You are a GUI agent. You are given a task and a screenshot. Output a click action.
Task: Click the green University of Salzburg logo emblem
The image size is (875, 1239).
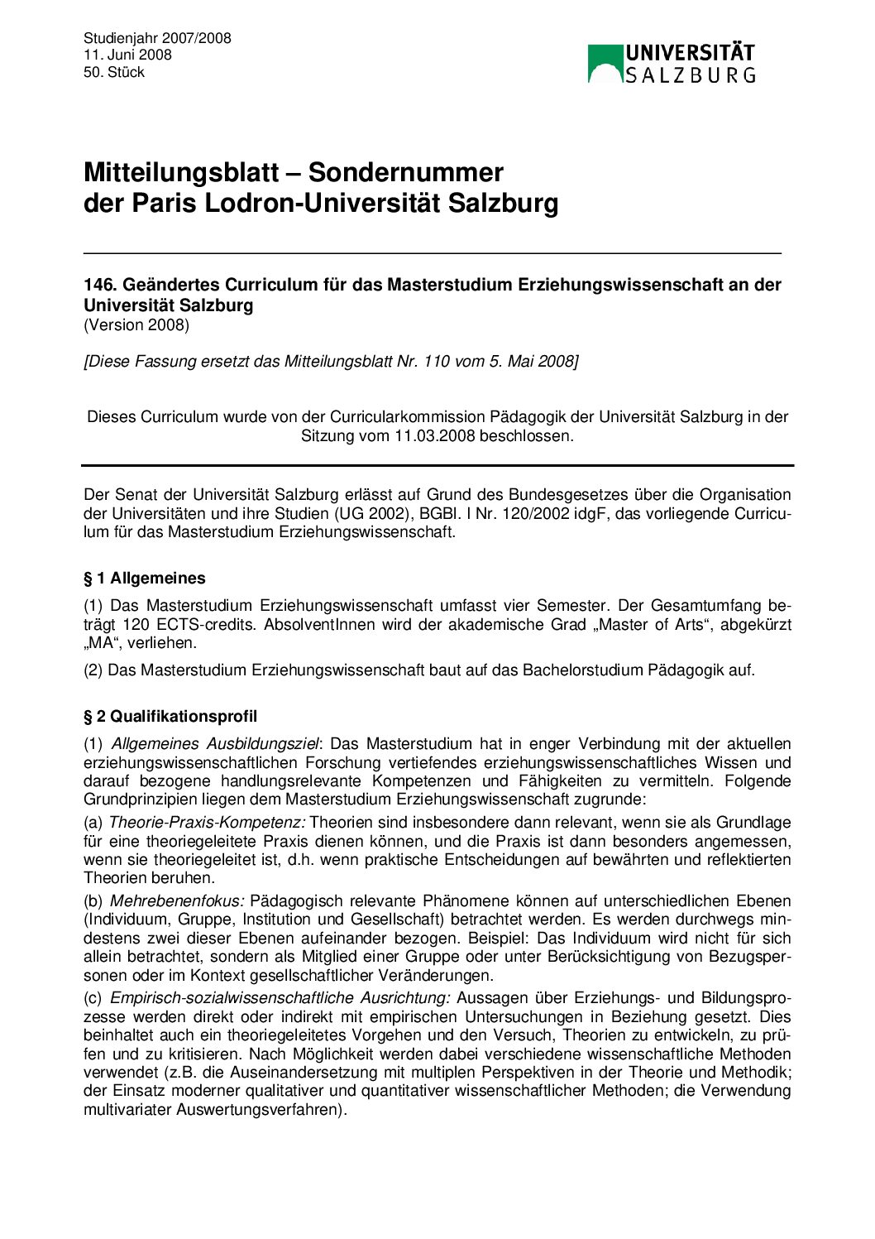point(605,64)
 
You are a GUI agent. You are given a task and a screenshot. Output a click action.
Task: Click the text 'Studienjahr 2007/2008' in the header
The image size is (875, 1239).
point(157,38)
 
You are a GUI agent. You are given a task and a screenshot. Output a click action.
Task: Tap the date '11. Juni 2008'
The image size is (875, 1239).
point(127,55)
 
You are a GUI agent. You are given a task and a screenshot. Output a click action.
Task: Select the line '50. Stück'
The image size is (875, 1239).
point(114,73)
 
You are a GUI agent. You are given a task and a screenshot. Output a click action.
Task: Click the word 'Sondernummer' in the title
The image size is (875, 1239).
point(405,172)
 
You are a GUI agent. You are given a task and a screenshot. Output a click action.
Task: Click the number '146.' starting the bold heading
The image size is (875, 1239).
point(100,285)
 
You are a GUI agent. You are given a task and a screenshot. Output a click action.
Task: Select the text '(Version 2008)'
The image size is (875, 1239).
point(136,325)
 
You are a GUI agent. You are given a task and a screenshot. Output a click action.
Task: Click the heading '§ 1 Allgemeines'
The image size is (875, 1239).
point(145,579)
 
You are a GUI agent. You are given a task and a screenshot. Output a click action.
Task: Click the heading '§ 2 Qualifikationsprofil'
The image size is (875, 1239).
point(170,717)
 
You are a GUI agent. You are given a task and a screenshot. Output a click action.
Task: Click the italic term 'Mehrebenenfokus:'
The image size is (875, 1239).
point(177,901)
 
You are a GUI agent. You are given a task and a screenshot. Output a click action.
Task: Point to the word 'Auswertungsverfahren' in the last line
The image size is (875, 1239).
point(256,1110)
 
